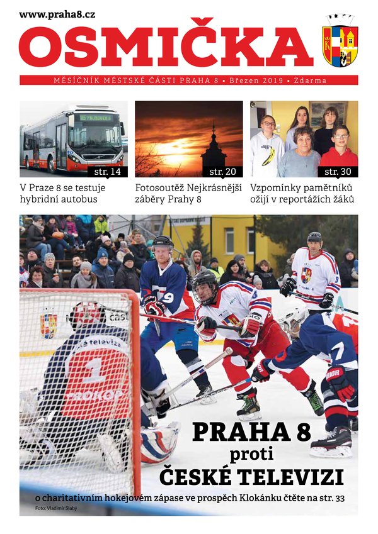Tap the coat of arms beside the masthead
[x=340, y=43]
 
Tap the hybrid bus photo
[x=73, y=139]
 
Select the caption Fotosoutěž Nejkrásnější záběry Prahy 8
[x=188, y=194]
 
